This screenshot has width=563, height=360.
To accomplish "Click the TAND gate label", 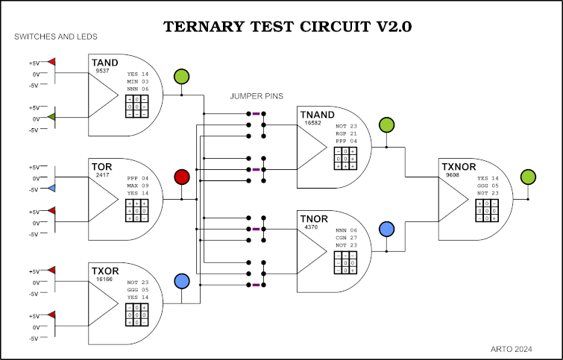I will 105,64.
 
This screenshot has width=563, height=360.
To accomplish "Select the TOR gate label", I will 102,166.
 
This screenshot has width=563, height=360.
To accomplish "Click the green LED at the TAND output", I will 181,76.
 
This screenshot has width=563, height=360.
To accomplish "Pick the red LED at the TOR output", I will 181,177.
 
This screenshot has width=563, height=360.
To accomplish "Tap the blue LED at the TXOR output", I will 181,282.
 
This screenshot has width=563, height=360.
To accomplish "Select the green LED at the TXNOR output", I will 528,177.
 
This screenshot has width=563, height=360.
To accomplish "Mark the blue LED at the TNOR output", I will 386,229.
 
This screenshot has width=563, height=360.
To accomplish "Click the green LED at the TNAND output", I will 386,125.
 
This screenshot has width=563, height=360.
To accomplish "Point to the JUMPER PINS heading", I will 255,97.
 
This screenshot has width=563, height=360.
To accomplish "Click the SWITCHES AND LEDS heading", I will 56,37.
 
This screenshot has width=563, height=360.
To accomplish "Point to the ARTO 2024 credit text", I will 512,348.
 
